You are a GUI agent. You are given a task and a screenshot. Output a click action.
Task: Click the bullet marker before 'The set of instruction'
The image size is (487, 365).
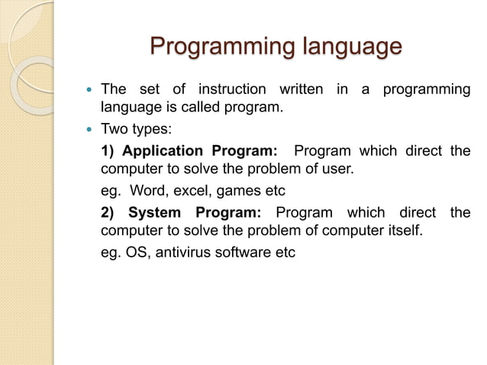click(91, 90)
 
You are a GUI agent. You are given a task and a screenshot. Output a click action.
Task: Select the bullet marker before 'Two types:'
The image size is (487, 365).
click(91, 130)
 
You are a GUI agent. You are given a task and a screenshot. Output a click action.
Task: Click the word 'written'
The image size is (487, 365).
click(301, 89)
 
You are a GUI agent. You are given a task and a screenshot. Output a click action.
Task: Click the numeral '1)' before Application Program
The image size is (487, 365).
click(108, 150)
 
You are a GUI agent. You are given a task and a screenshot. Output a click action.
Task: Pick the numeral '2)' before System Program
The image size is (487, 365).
click(108, 212)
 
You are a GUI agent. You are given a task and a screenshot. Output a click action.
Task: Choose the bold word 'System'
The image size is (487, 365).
click(154, 212)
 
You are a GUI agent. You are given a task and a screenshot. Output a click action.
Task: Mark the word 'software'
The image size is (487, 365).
click(243, 253)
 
